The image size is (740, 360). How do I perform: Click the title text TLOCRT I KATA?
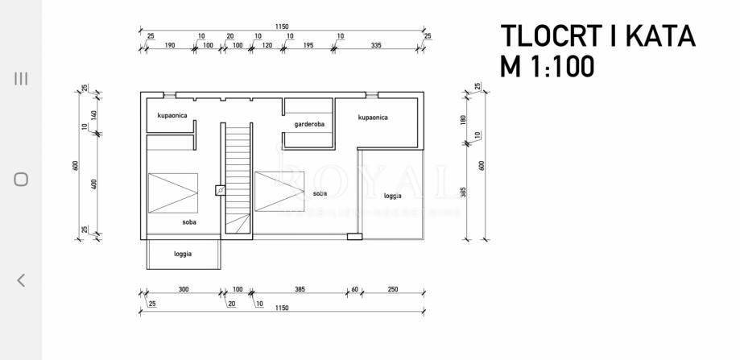[597, 36]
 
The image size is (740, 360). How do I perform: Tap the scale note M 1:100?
[548, 65]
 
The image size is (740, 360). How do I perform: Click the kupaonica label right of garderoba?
[373, 118]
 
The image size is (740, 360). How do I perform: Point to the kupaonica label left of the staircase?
[172, 116]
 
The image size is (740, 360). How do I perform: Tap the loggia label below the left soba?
[183, 254]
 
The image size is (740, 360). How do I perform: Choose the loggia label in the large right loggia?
[392, 196]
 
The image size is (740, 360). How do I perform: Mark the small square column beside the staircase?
[221, 191]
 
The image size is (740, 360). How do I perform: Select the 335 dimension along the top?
[376, 45]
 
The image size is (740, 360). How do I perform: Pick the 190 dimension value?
[169, 45]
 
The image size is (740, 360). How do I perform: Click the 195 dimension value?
[308, 45]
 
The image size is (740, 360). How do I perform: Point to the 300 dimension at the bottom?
[183, 288]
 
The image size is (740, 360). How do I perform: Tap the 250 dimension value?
[393, 288]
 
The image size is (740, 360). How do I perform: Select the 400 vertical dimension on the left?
[94, 184]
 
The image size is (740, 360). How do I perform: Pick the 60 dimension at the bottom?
[354, 288]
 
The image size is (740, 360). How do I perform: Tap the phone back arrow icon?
[21, 280]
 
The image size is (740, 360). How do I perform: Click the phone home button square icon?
[21, 180]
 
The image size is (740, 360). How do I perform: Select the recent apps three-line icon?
[21, 78]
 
